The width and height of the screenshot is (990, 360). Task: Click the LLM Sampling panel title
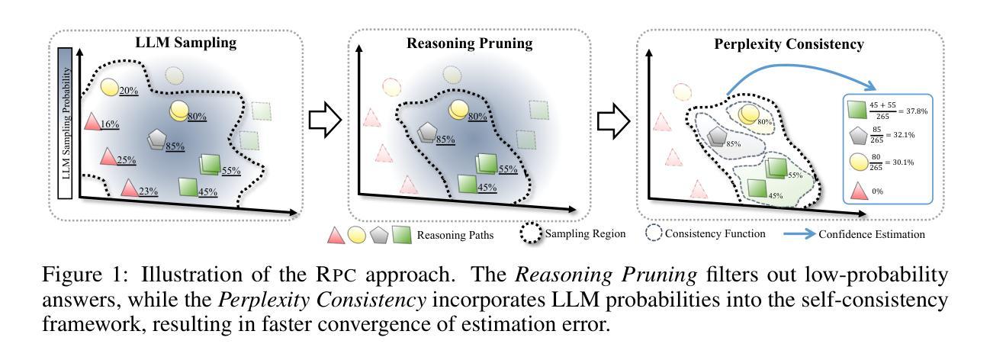tap(177, 43)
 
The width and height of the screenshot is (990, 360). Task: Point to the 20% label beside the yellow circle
tap(128, 91)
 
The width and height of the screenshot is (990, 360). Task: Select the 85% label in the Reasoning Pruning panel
tap(446, 140)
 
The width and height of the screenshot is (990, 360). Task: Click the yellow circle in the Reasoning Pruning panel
tap(459, 110)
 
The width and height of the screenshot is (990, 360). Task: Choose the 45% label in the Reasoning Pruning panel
tap(484, 186)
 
